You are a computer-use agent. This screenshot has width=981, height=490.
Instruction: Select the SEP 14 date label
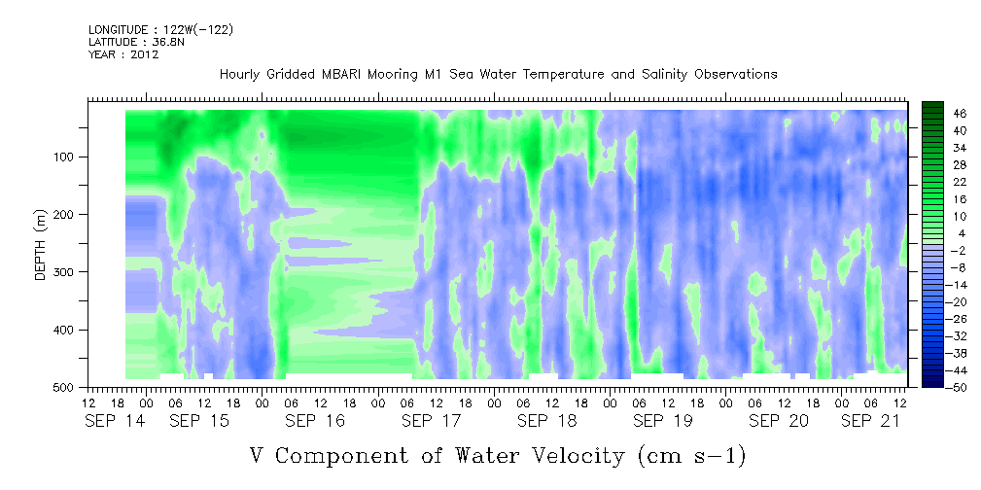click(x=115, y=421)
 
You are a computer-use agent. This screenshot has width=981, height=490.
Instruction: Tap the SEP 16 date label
click(x=315, y=421)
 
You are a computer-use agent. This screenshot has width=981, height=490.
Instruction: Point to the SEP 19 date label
click(x=662, y=421)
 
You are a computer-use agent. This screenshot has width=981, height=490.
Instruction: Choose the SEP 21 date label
click(x=871, y=421)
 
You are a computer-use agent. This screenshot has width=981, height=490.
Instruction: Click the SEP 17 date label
click(x=431, y=421)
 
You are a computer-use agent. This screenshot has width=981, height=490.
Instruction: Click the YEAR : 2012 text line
click(x=123, y=54)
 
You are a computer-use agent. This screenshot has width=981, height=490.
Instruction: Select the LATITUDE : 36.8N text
click(x=136, y=42)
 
